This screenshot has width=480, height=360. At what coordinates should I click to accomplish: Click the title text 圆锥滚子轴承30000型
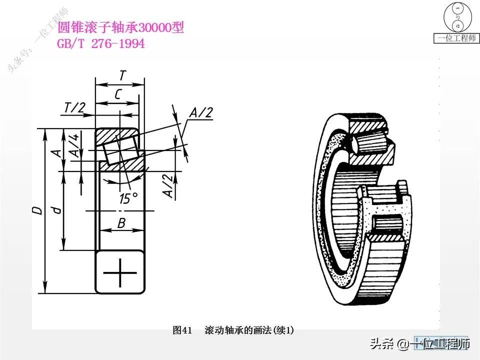point(121,28)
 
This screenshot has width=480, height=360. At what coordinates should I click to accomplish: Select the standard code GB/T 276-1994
point(101,44)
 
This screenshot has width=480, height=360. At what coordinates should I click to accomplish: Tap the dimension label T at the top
point(122,75)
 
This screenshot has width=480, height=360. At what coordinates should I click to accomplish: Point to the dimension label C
point(118,94)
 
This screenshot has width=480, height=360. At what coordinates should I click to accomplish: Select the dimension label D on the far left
point(36,210)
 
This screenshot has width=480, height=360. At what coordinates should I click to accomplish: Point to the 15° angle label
point(128,198)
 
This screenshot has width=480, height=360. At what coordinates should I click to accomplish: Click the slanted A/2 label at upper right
point(201,113)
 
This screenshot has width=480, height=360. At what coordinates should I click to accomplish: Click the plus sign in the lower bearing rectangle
point(120,273)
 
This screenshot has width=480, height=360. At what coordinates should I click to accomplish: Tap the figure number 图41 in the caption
point(182,330)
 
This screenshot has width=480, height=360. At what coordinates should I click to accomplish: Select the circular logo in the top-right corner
point(457,17)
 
